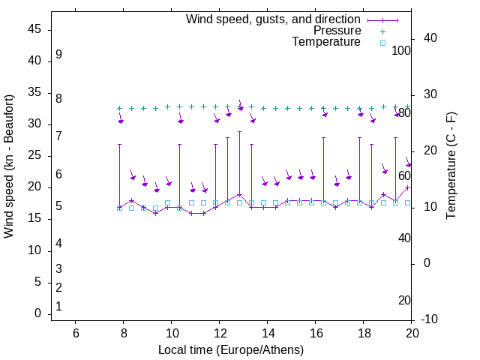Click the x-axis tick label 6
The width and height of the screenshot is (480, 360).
tap(76, 334)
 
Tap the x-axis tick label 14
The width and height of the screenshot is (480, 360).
tap(268, 334)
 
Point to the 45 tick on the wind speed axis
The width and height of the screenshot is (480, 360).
tap(34, 30)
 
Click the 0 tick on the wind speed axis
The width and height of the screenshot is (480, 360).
tap(37, 313)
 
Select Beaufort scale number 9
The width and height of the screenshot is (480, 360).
tap(58, 55)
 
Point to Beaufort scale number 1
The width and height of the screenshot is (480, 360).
tap(58, 306)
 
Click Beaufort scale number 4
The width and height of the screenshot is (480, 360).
tap(58, 243)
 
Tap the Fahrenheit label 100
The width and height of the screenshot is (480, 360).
tap(401, 51)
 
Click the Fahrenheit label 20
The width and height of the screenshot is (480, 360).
tap(404, 301)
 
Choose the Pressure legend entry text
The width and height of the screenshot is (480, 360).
tap(337, 31)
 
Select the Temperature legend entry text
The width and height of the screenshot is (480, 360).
tap(326, 42)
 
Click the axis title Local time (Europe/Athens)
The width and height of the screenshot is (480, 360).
tap(231, 349)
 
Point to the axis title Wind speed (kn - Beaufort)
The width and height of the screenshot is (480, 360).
tap(9, 166)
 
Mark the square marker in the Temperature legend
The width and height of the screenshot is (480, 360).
tap(382, 43)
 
